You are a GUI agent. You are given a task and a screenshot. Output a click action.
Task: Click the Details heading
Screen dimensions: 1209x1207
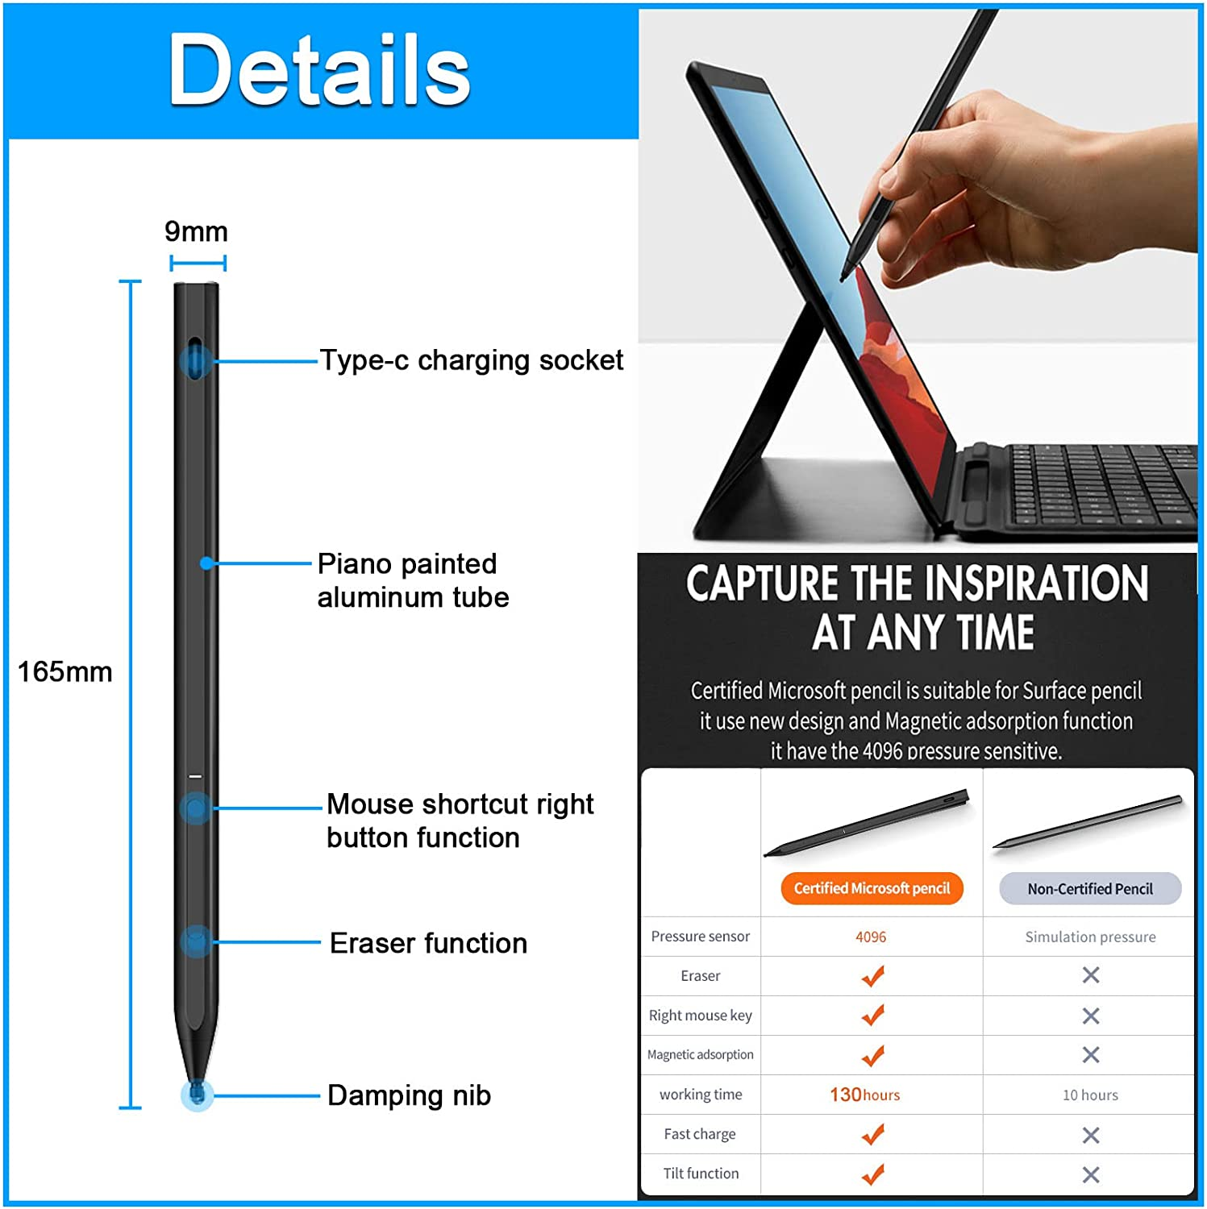tap(318, 70)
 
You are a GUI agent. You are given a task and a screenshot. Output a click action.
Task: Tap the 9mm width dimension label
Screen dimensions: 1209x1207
tap(196, 232)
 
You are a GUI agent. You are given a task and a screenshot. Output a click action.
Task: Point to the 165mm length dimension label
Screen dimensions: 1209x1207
tap(65, 671)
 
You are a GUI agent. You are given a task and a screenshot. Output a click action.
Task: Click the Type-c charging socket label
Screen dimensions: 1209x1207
tap(471, 360)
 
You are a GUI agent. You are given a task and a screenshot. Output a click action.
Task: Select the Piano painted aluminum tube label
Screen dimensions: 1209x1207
tap(413, 580)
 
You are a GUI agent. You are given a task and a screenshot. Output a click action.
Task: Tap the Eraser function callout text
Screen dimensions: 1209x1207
tap(428, 943)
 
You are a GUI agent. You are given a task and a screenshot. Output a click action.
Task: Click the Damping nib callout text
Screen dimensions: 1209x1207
tap(409, 1095)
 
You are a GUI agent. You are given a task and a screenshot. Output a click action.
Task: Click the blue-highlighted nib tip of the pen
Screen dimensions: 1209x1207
tap(197, 1095)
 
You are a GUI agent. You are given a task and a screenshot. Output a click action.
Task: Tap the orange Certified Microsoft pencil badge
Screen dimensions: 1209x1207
tap(872, 888)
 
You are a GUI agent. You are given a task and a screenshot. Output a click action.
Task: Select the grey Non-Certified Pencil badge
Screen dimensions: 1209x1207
tap(1090, 889)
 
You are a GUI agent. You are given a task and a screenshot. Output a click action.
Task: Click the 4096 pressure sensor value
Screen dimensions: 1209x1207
tap(871, 937)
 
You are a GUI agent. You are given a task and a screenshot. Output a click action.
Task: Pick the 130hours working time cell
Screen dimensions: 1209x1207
tap(865, 1095)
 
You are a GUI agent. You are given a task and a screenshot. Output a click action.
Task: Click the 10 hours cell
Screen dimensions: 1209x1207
tap(1090, 1095)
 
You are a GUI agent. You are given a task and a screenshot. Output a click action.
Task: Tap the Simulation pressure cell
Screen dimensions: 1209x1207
tap(1090, 937)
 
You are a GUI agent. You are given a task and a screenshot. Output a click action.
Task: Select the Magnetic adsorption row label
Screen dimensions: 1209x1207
tap(700, 1054)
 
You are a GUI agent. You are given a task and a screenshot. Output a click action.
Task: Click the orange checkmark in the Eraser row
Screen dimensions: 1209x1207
tap(872, 976)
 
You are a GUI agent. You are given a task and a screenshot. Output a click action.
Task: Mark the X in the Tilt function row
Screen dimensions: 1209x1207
tap(1091, 1174)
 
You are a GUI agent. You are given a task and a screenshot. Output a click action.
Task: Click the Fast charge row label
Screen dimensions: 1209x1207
tap(700, 1134)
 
